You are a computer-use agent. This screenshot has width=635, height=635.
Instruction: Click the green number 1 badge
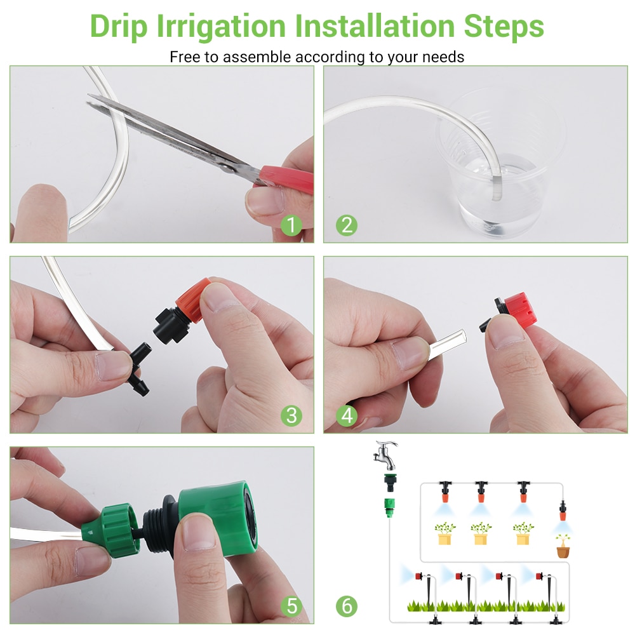(291, 225)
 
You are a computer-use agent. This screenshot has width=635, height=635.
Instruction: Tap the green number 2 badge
(347, 225)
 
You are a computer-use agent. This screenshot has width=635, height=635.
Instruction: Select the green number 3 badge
(291, 415)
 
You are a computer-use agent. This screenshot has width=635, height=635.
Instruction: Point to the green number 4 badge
(347, 415)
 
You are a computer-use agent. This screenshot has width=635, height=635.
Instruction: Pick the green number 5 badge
(291, 606)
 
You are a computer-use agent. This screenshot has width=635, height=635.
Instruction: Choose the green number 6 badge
(347, 606)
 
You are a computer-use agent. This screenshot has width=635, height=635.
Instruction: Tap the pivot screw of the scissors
(227, 166)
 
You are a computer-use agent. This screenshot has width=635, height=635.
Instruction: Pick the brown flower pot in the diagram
(563, 550)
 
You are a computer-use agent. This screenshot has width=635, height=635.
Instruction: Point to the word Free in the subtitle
(184, 57)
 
